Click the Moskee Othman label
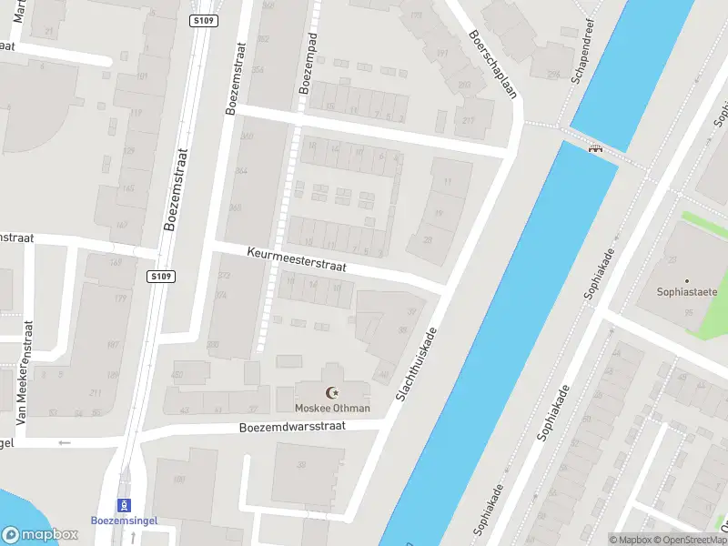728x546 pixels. [332, 408]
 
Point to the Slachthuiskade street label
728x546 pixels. [417, 365]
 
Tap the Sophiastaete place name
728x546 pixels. [687, 292]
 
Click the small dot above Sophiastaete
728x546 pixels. [687, 279]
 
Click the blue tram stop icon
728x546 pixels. [123, 505]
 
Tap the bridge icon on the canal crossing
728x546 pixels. [596, 148]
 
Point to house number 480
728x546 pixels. [178, 374]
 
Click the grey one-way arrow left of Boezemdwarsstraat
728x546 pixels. [64, 443]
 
